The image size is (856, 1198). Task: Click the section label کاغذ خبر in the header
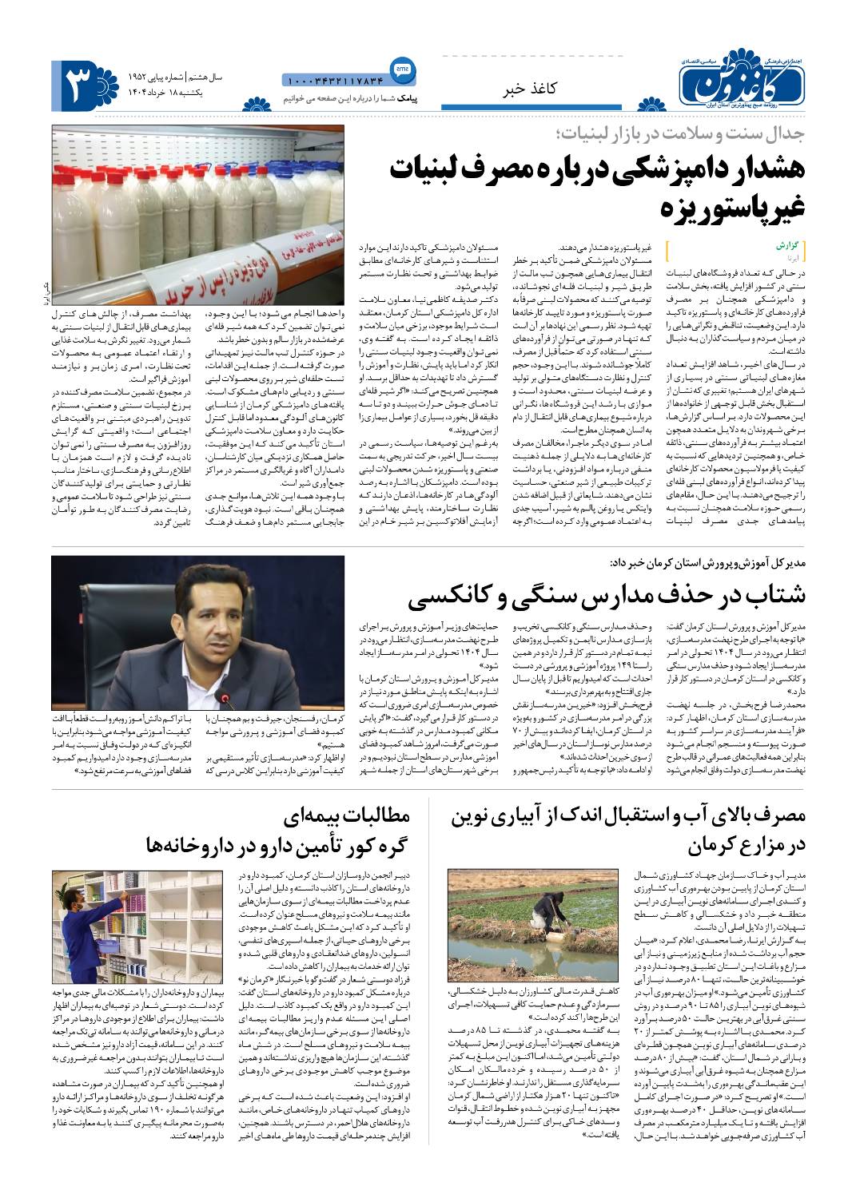pos(528,89)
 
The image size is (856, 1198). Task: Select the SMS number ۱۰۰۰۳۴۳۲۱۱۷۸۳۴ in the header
pos(334,80)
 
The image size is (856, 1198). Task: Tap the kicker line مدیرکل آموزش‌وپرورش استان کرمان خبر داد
pos(707,563)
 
